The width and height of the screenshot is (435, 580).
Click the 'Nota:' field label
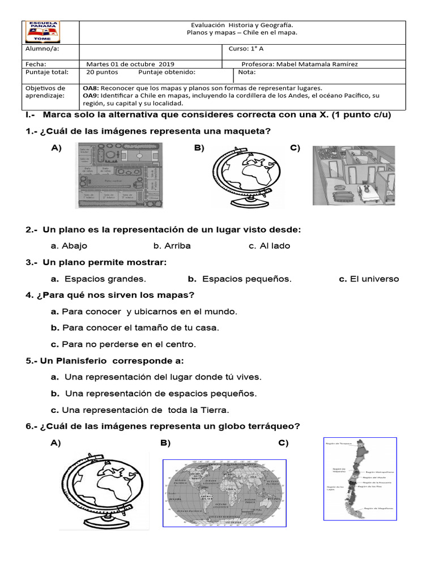247,72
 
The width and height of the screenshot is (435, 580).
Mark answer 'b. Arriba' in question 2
172,246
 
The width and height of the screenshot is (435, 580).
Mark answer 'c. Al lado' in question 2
269,246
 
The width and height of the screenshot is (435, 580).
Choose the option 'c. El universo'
369,279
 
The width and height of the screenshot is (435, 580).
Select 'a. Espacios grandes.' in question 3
98,279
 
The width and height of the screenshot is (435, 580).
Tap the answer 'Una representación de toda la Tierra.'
140,410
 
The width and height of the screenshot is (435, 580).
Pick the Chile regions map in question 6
360,479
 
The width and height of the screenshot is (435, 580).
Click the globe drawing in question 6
104,491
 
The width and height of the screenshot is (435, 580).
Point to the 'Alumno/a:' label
42,49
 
